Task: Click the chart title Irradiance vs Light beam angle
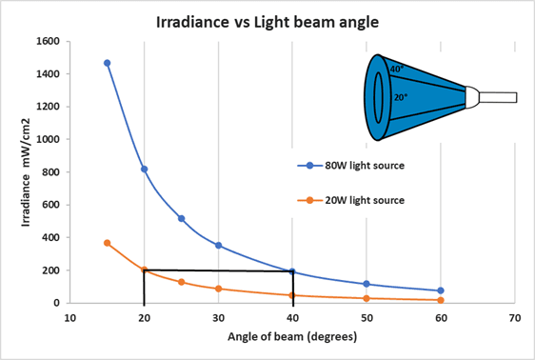[x=268, y=20]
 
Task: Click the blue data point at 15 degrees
[x=107, y=63]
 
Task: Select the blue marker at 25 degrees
[x=181, y=218]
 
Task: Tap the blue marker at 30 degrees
[x=218, y=245]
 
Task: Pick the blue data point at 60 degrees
[x=441, y=290]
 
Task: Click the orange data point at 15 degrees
[x=107, y=243]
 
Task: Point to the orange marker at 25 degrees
[x=181, y=282]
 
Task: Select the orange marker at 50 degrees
[x=367, y=298]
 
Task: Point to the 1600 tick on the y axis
[x=44, y=41]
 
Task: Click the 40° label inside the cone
[x=396, y=69]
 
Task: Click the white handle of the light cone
[x=497, y=96]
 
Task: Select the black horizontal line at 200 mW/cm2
[x=218, y=270]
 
